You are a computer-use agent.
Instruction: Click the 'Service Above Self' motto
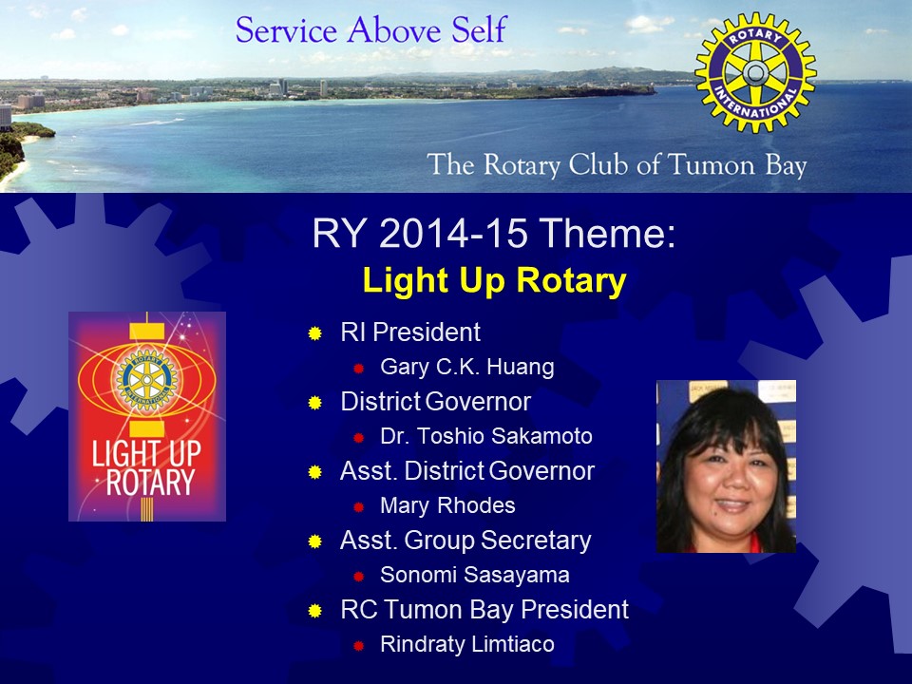click(371, 29)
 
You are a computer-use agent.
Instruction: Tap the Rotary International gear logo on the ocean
click(755, 73)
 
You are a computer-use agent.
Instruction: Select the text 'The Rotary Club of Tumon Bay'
click(617, 164)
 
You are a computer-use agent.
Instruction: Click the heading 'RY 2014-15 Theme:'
click(494, 233)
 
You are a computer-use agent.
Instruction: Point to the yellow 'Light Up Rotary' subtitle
click(494, 280)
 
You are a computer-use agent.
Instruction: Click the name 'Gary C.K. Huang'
click(467, 367)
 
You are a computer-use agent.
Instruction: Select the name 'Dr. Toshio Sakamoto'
click(486, 436)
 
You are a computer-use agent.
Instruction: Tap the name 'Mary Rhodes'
click(447, 505)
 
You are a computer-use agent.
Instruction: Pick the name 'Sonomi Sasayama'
click(475, 575)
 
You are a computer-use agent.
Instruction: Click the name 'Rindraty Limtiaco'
click(467, 644)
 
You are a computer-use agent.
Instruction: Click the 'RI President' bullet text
click(410, 332)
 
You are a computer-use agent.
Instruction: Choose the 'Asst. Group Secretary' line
click(465, 541)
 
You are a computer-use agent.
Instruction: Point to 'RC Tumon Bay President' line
click(484, 610)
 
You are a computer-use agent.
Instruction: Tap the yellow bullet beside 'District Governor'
click(315, 403)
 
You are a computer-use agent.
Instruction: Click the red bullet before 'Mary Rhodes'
click(359, 507)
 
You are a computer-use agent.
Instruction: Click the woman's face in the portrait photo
click(729, 477)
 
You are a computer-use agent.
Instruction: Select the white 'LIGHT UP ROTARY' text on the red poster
click(147, 468)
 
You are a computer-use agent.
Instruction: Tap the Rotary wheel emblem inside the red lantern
click(146, 380)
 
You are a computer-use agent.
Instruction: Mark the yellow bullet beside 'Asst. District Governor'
click(315, 472)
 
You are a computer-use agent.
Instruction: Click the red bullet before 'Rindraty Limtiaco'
click(359, 646)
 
